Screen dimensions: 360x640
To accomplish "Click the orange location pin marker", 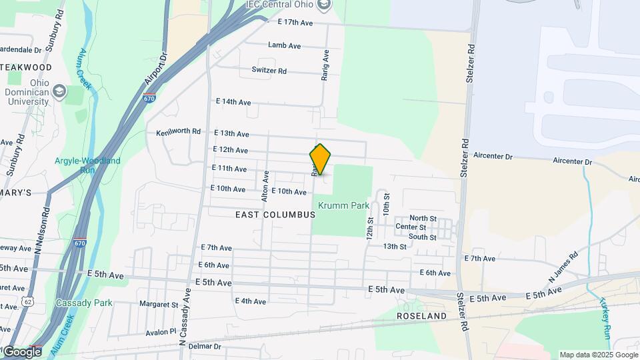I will (x=320, y=159).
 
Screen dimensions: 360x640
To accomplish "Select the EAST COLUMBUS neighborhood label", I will (x=275, y=215).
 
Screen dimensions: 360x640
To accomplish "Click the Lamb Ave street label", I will (x=285, y=45).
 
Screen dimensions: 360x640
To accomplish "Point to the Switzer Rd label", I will (x=269, y=71).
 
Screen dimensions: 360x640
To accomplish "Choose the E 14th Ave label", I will (x=233, y=102).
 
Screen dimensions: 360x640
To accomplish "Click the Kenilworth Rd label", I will (x=178, y=131).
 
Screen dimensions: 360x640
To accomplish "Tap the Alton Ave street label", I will (x=265, y=185).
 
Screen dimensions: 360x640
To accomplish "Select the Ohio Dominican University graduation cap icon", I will (x=59, y=91).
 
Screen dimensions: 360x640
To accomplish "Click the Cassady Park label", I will (x=85, y=303).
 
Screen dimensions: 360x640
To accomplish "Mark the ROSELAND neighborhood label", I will (x=421, y=315).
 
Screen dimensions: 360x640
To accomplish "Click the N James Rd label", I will (x=563, y=265).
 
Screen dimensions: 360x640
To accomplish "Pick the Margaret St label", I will (x=159, y=305).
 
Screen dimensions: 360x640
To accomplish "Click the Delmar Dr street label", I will (x=205, y=346).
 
